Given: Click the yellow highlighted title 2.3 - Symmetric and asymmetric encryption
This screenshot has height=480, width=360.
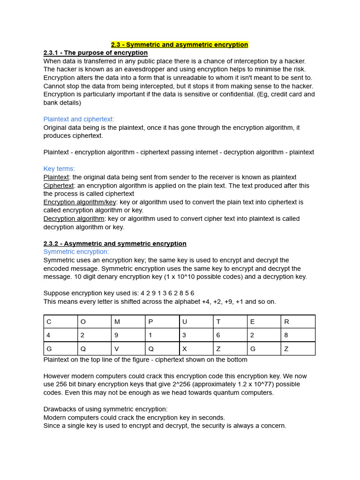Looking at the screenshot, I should click(180, 45).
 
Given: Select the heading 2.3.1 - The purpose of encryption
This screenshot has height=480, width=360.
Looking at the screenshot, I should click(96, 53).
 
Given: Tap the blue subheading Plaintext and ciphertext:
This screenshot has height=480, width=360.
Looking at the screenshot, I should click(79, 119).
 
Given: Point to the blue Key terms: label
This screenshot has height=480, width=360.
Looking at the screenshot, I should click(59, 169).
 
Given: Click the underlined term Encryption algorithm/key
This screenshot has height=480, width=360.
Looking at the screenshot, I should click(80, 202).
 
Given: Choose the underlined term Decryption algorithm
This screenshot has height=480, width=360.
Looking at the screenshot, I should click(74, 219).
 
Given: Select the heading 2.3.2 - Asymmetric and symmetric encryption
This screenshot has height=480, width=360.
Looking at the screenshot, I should click(115, 244).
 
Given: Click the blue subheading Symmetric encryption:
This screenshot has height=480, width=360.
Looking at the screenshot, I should click(76, 252).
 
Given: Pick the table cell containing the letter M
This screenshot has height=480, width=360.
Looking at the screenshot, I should click(128, 322).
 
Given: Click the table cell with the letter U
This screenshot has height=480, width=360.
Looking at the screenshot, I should click(196, 322).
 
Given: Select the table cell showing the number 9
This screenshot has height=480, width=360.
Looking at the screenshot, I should click(128, 335).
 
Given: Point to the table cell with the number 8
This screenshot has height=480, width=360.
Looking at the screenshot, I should click(298, 335).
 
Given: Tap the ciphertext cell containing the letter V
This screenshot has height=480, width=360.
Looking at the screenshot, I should click(128, 349).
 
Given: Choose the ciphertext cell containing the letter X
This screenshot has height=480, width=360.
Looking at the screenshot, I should click(196, 349).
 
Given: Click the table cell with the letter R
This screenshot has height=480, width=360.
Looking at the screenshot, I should click(298, 322).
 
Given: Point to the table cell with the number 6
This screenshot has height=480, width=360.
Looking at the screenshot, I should click(230, 335).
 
